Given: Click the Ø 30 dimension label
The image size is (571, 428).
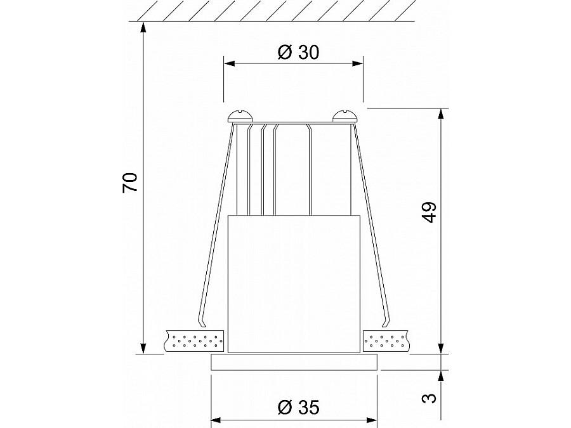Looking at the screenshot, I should pos(298,53).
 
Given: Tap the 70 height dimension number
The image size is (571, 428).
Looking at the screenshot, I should pos(130,183).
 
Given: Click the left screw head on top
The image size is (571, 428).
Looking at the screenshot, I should pos(240,116).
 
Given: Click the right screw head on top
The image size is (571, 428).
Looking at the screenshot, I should pos(346,116).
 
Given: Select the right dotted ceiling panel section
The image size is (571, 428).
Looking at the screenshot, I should pos(386,341).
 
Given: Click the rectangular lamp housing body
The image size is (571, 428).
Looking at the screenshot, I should pos(294,284).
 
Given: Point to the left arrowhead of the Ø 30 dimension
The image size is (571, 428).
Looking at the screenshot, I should pos(228,64).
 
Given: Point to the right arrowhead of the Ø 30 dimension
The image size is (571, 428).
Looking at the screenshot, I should pos(358,64).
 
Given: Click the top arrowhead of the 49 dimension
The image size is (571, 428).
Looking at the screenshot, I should pos(442,113).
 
